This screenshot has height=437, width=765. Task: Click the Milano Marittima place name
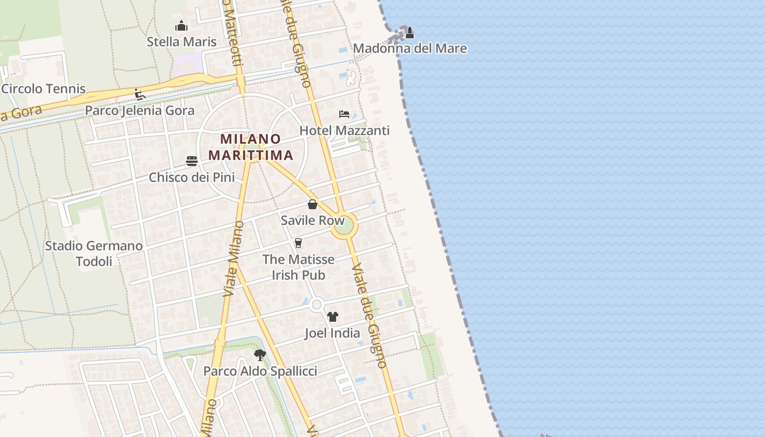[251, 147]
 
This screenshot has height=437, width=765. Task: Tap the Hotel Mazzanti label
[344, 131]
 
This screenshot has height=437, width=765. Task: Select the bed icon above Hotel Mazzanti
[344, 114]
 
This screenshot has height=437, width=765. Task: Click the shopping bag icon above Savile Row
[313, 204]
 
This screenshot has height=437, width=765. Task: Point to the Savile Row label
[313, 221]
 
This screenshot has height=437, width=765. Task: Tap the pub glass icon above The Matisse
[298, 243]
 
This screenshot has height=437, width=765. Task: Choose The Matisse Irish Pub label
[298, 267]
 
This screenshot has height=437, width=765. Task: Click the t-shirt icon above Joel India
[333, 317]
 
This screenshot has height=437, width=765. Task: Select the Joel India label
[332, 333]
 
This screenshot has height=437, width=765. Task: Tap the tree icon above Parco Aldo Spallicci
[260, 355]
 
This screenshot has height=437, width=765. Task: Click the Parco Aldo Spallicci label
[260, 371]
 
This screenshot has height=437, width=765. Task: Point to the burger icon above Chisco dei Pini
[192, 161]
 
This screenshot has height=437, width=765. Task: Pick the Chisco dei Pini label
[192, 178]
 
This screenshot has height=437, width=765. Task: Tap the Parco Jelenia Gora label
[139, 110]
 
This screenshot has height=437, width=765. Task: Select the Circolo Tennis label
[44, 88]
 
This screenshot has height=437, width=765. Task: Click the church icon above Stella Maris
[181, 26]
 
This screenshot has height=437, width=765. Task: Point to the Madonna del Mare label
[410, 49]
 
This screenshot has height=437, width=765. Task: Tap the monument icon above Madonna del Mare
[409, 33]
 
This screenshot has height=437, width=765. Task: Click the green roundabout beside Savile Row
[344, 226]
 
